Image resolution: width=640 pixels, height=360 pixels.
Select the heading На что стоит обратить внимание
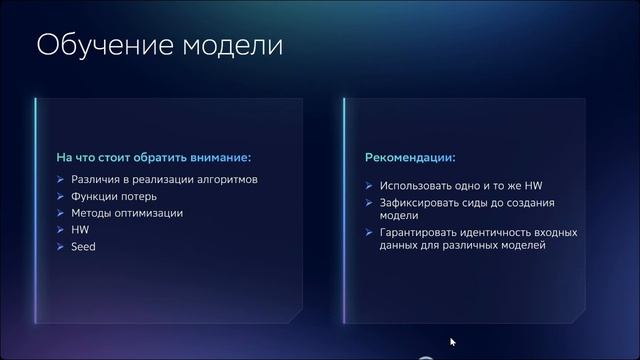(x=152, y=158)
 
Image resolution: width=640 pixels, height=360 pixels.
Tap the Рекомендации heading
(x=411, y=158)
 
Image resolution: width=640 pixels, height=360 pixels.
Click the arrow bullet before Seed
(x=62, y=246)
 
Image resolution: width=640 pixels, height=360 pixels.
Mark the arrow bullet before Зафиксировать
(x=370, y=203)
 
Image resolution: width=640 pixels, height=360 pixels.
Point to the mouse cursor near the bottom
(x=452, y=343)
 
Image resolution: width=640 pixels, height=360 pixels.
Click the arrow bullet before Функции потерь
(x=62, y=197)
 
